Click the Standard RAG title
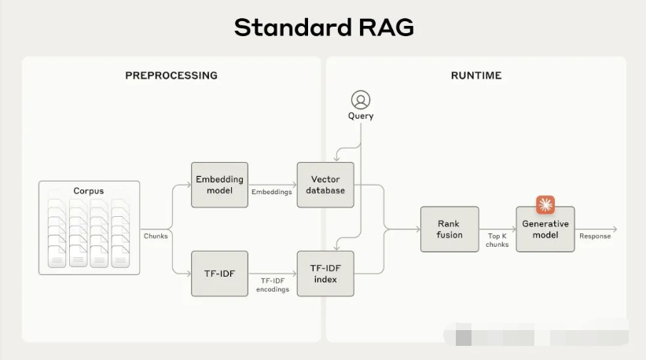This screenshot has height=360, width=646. [x=323, y=28]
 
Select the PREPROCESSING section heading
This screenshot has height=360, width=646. [x=171, y=75]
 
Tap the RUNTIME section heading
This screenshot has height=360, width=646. [x=476, y=75]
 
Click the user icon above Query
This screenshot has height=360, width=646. [x=361, y=100]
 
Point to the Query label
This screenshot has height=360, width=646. [x=361, y=116]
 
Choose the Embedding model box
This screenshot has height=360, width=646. [x=220, y=185]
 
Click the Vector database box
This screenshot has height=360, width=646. [x=325, y=185]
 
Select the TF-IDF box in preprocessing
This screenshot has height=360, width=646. [x=220, y=273]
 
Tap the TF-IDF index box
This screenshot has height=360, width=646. [x=325, y=273]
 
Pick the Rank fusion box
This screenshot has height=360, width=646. [x=449, y=229]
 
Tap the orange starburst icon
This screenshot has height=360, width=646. [x=545, y=205]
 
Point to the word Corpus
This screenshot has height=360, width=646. [x=89, y=191]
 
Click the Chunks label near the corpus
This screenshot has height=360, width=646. [x=155, y=236]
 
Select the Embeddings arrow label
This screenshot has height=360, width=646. [x=271, y=191]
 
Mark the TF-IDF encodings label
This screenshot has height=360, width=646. [x=271, y=285]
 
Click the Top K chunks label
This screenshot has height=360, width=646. [x=497, y=240]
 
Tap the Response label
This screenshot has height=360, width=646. [x=595, y=236]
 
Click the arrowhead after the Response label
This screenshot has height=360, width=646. [x=615, y=229]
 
